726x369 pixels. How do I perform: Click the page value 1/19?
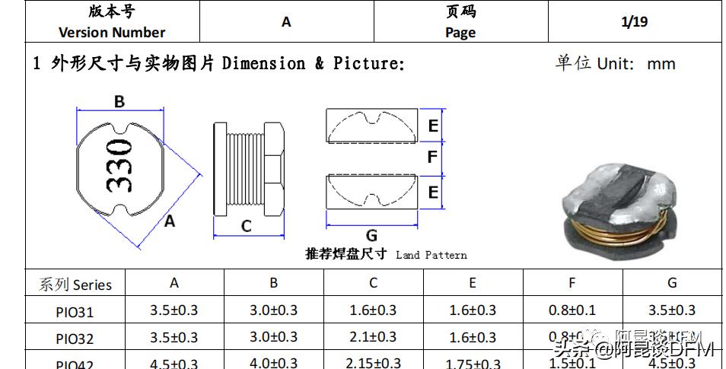click(x=634, y=21)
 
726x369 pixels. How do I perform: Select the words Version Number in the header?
click(x=112, y=32)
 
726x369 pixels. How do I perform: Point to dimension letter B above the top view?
click(x=119, y=102)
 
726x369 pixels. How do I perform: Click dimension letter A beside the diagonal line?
click(x=170, y=221)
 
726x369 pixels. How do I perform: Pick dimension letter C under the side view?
click(x=246, y=226)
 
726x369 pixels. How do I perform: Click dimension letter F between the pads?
click(x=432, y=157)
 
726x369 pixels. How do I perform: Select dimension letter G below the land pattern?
click(x=371, y=236)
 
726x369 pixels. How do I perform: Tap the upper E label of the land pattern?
click(x=432, y=126)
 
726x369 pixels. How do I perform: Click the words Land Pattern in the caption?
click(x=431, y=255)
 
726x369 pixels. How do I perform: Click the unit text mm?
click(x=661, y=63)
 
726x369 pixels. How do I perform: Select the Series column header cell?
click(x=75, y=285)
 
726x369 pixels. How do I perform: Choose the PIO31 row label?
click(x=75, y=311)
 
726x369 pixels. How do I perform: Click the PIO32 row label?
click(x=75, y=338)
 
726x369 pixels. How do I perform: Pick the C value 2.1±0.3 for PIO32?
click(x=372, y=337)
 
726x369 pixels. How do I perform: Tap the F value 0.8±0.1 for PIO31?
click(x=572, y=310)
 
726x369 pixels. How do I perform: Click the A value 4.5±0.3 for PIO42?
click(x=174, y=363)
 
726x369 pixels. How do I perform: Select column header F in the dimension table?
click(x=572, y=283)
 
